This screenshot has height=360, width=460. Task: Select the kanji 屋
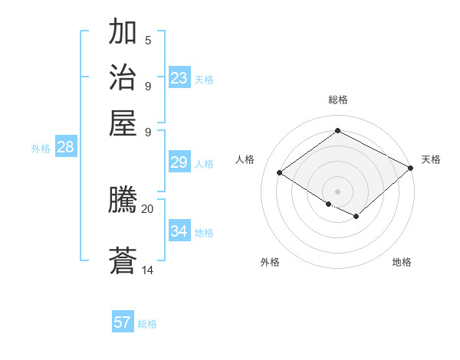123,123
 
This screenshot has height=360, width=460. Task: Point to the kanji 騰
123,201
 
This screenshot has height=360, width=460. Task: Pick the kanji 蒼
123,261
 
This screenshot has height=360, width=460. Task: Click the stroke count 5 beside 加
148,40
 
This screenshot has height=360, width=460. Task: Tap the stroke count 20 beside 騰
148,208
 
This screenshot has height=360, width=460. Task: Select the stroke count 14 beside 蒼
148,270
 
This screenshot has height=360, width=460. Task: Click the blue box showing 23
179,78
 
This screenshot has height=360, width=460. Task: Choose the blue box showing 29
179,162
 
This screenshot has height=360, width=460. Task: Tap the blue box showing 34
179,231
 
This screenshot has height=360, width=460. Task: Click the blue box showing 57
123,322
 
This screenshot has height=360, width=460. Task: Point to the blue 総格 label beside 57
147,324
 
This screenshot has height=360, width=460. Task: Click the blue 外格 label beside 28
41,149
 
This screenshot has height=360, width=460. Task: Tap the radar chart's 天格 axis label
432,159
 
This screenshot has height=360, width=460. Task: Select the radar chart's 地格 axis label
402,262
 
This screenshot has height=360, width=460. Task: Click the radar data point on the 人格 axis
280,173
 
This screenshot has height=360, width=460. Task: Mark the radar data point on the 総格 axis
337,131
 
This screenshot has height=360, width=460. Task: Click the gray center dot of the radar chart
337,191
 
